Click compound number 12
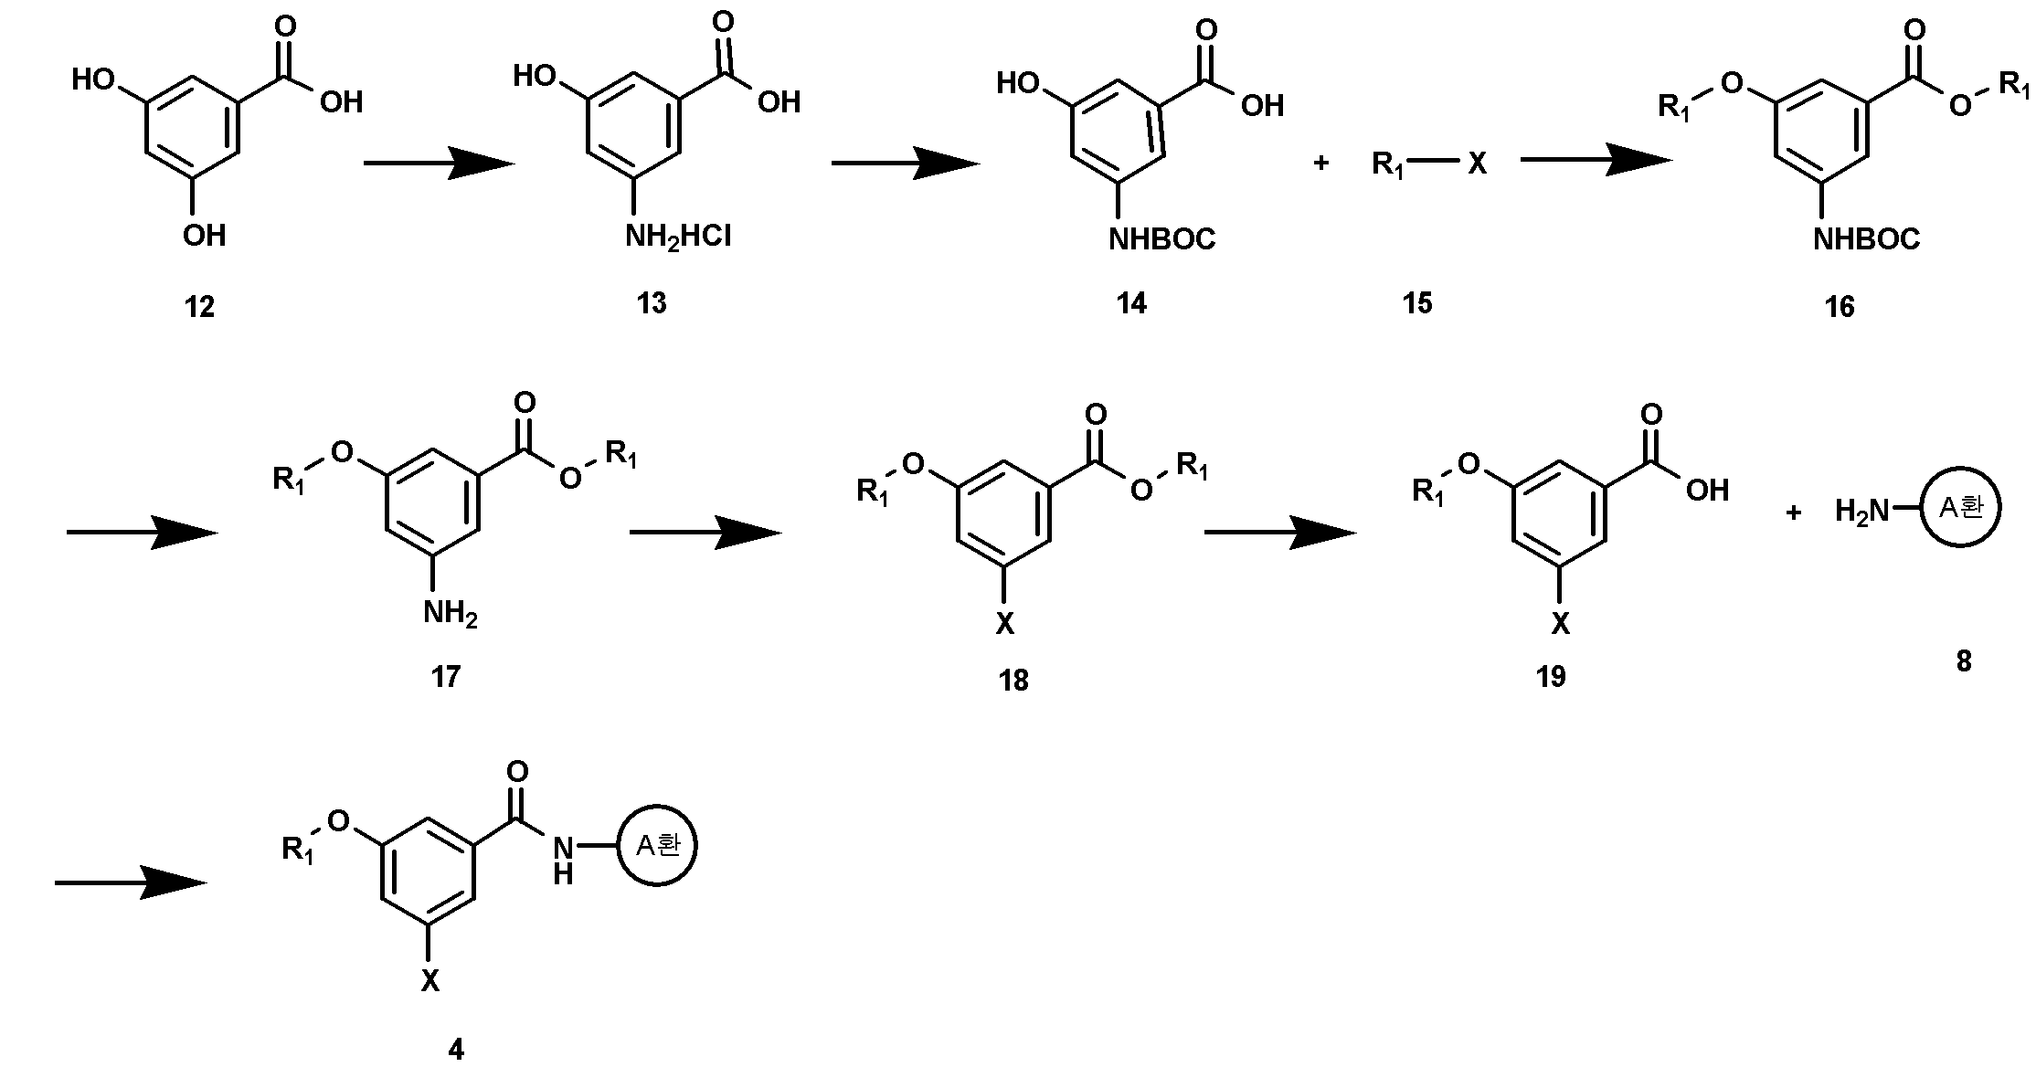[199, 307]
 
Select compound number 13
[652, 302]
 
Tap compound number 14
[1131, 302]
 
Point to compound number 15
[1417, 302]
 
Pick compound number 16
[1840, 307]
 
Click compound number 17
[445, 676]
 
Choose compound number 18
[1013, 680]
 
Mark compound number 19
[1551, 676]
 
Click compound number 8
[1964, 660]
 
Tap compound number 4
[456, 1050]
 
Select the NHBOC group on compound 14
[1162, 239]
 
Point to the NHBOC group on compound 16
[1867, 239]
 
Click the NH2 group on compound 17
[450, 614]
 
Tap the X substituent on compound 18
[1004, 624]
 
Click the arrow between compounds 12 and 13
[440, 164]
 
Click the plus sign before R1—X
[1320, 164]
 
